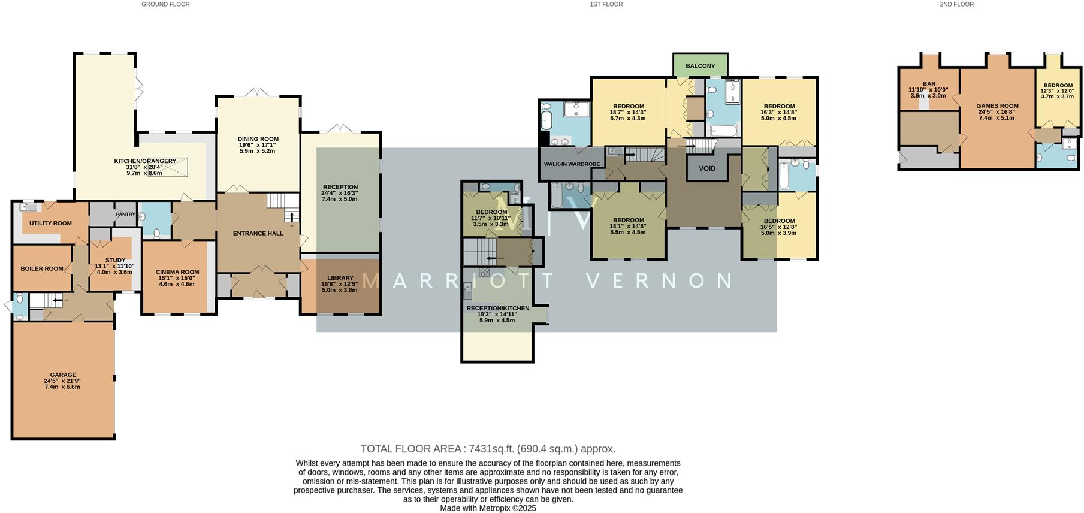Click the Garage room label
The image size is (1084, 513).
[63, 375]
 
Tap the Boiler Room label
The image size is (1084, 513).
[42, 268]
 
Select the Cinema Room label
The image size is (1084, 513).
[177, 272]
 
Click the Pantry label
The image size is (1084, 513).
[125, 214]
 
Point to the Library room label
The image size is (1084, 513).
[340, 278]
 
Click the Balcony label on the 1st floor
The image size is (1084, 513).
[700, 66]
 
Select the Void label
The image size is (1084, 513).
[707, 168]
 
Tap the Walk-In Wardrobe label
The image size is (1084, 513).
[572, 164]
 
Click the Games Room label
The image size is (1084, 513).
[997, 106]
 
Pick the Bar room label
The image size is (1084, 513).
[929, 84]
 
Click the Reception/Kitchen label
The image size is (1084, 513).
[497, 308]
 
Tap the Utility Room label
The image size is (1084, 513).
[50, 223]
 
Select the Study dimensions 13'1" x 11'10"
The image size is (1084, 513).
[114, 266]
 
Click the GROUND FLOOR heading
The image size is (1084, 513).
[165, 4]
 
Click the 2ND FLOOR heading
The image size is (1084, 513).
[956, 4]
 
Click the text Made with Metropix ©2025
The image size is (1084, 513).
[488, 508]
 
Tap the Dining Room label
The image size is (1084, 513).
[258, 139]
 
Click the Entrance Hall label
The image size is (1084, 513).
[258, 233]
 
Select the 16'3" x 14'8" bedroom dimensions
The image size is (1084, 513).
[779, 112]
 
